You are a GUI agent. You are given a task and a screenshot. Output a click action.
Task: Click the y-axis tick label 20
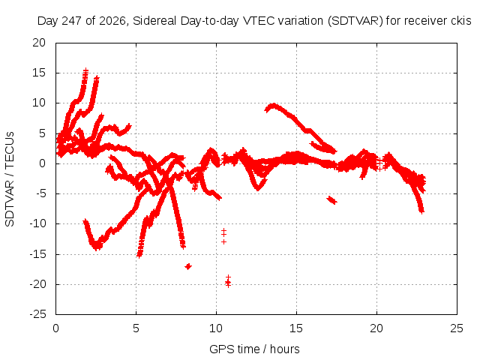[x=39, y=43]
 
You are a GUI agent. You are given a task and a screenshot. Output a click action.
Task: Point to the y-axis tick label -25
[x=38, y=314]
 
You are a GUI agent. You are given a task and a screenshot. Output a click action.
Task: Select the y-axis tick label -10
[x=38, y=223]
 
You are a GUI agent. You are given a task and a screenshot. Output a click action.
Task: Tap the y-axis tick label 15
[x=39, y=73]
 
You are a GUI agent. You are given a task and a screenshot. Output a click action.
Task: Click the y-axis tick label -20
[x=38, y=284]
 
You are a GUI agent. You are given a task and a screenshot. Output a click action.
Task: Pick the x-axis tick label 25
[x=457, y=328]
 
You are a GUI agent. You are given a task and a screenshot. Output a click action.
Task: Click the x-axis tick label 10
[x=216, y=328]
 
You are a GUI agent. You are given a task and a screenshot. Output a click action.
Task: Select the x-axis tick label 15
[x=296, y=328]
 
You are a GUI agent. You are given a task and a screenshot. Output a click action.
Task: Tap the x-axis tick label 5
[x=136, y=328]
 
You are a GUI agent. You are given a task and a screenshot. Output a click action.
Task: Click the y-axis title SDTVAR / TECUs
[x=10, y=179]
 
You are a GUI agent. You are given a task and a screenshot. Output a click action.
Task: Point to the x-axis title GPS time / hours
[x=254, y=349]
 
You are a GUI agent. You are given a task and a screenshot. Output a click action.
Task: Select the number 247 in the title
[x=72, y=21]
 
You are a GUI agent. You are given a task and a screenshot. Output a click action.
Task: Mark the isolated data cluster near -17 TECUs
[x=188, y=266]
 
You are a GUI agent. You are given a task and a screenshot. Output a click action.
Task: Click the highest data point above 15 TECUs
[x=86, y=71]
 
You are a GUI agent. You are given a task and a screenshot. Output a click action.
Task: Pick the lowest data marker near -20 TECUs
[x=228, y=285]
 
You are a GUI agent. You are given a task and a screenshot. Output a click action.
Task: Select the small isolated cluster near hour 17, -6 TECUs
[x=331, y=200]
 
